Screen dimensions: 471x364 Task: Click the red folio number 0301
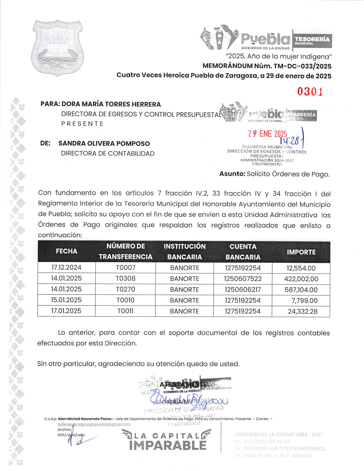(310, 92)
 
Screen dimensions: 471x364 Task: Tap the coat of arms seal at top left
(57, 48)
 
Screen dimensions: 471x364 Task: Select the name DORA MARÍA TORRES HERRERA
(111, 104)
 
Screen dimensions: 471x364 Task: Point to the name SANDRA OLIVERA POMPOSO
(104, 143)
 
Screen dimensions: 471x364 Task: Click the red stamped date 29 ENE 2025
(267, 134)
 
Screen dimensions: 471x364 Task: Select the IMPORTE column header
(301, 252)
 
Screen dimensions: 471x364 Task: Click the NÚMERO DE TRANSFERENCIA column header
(125, 252)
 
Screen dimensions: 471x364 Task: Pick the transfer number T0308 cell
(125, 278)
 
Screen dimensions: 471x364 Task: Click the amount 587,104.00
(301, 290)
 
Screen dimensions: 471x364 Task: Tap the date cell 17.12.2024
(66, 268)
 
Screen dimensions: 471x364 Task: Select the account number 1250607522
(243, 279)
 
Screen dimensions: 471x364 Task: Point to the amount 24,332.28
(302, 312)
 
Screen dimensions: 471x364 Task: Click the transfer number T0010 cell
(125, 300)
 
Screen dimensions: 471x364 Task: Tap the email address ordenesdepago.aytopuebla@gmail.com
(94, 424)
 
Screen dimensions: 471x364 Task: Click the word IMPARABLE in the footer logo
(168, 445)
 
